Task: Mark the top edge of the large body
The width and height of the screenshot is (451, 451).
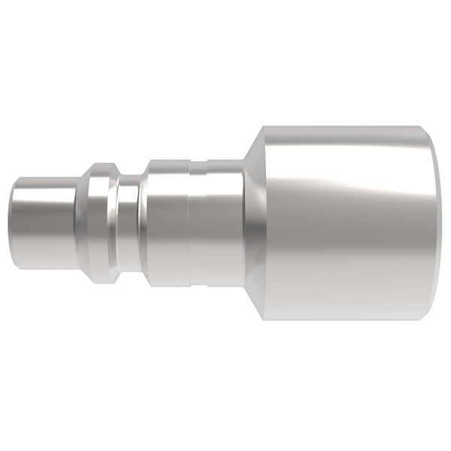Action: (346, 127)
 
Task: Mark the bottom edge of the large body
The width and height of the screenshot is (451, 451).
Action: (346, 319)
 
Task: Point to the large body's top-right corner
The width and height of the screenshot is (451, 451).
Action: (437, 129)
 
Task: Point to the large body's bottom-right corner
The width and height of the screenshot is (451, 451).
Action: (437, 318)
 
